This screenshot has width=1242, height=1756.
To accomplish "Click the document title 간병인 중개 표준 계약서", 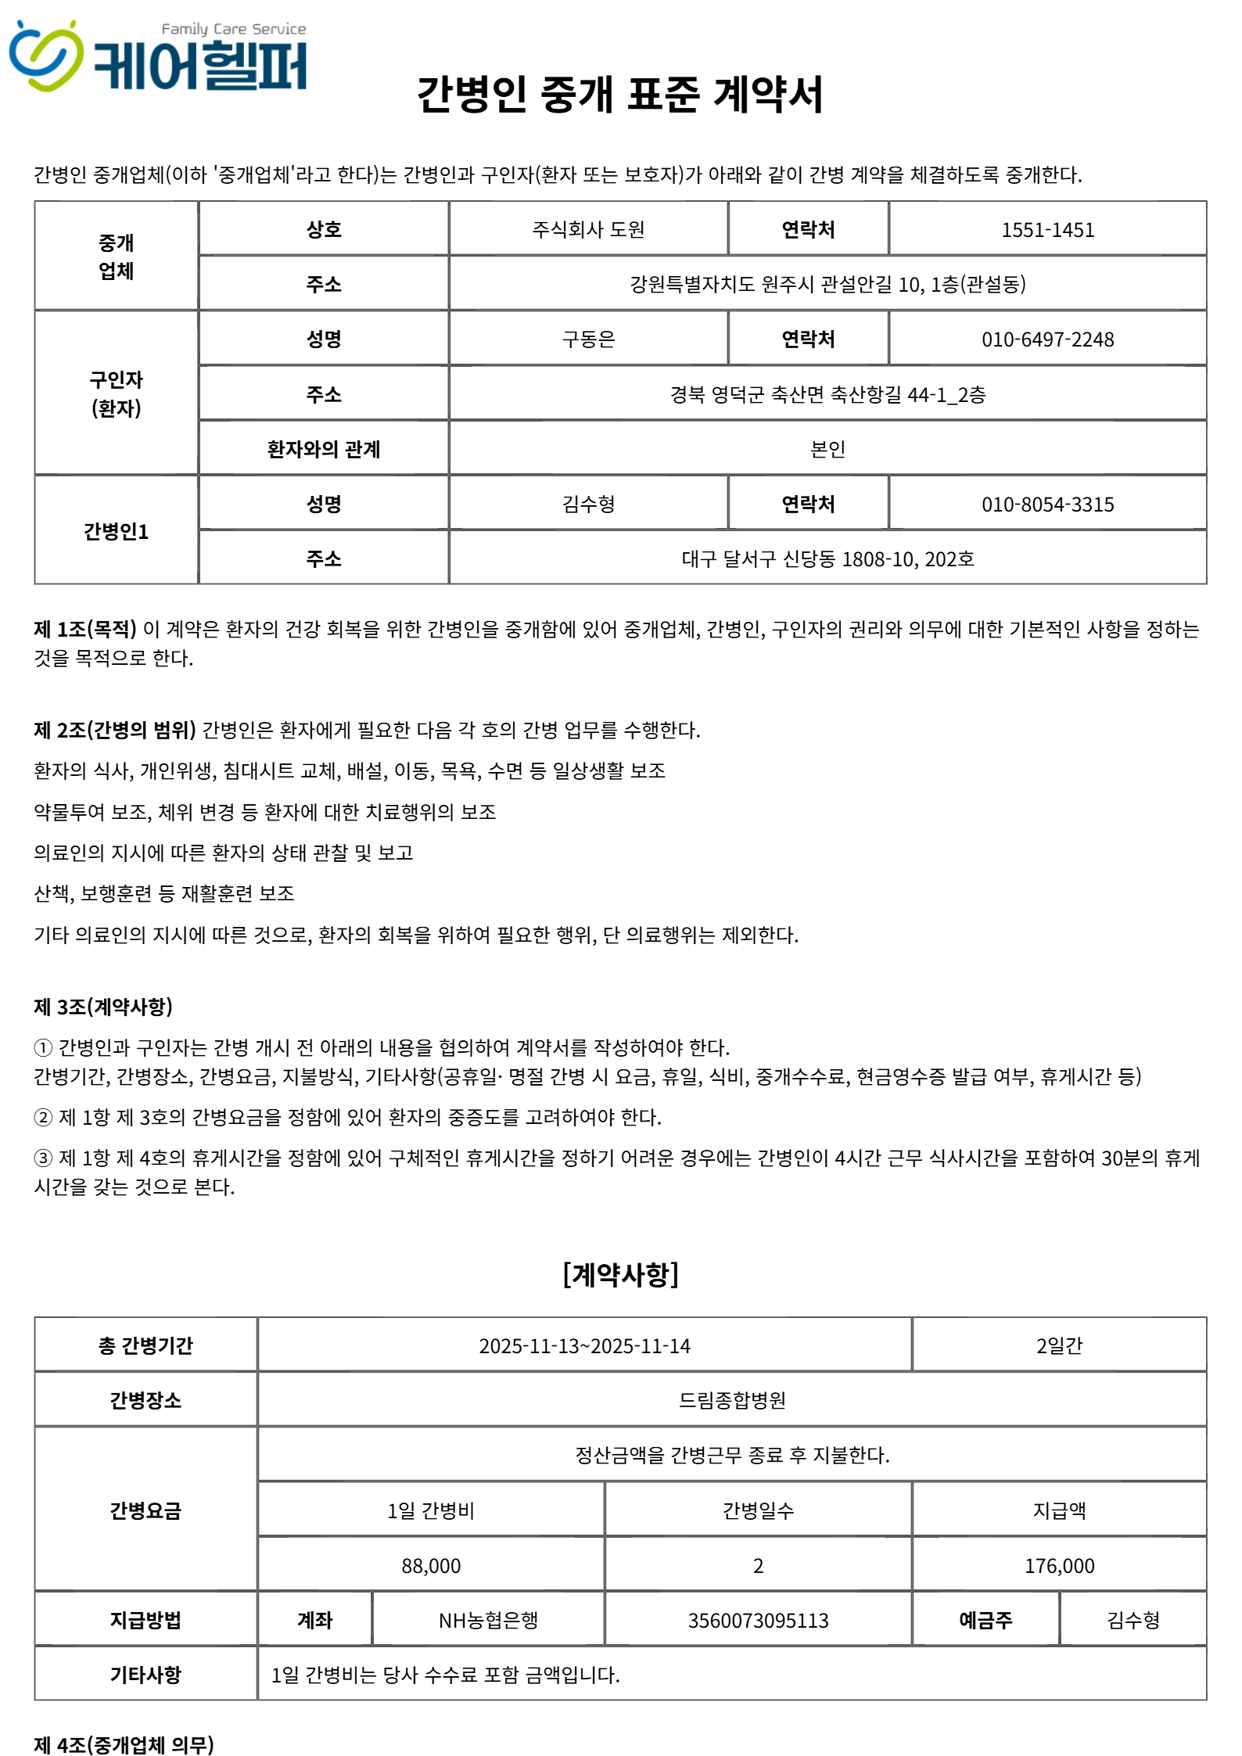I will (x=619, y=95).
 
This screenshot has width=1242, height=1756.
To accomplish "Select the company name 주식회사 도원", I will (x=588, y=229).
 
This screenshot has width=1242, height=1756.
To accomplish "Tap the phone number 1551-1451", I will (x=1047, y=230).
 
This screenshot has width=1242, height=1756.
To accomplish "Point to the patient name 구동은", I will (x=588, y=339).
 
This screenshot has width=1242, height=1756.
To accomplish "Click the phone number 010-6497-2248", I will (x=1047, y=339).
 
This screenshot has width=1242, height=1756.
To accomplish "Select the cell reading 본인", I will (x=827, y=449).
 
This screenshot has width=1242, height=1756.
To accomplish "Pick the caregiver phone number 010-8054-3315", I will (x=1047, y=505).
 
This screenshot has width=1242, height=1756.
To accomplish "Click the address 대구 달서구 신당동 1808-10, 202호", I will (x=827, y=559).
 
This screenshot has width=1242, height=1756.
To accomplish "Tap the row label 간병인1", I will (x=116, y=532).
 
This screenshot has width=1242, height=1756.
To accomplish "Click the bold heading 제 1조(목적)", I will (x=85, y=629).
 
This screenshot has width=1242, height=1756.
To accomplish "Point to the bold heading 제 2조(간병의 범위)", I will (x=115, y=730).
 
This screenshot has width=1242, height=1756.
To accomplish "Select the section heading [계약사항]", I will (x=620, y=1274).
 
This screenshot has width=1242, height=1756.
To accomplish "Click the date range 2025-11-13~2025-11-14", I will (x=584, y=1346).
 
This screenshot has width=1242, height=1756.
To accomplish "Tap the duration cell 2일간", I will (x=1059, y=1346).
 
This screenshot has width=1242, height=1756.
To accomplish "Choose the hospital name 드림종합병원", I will (x=732, y=1400).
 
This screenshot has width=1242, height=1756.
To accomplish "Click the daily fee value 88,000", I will (x=431, y=1566).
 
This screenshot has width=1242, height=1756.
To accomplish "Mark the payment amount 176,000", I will (x=1059, y=1566).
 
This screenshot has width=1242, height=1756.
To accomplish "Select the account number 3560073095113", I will (x=758, y=1621).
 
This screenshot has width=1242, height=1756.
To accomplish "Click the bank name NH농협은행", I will (x=488, y=1621).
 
